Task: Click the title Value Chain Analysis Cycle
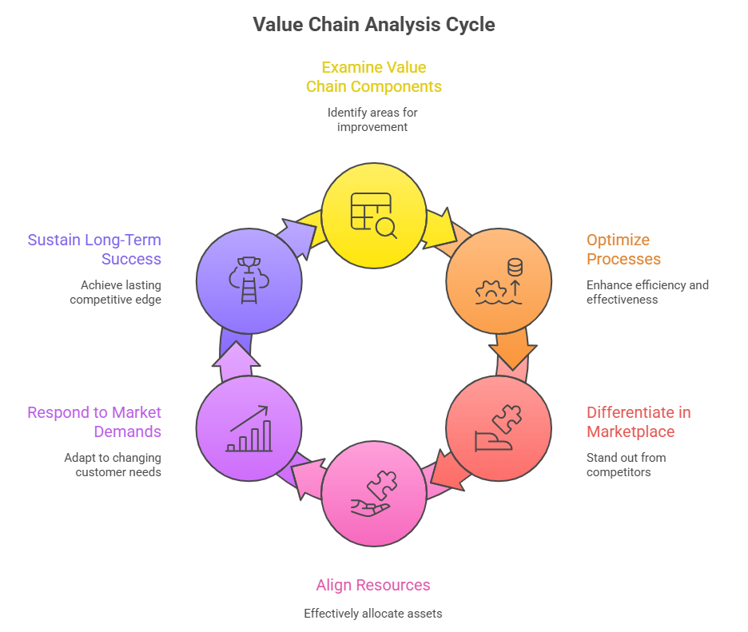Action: pos(374,25)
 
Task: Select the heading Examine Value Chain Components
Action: pos(374,77)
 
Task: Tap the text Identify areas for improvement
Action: pos(372,120)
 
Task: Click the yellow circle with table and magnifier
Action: pos(373,216)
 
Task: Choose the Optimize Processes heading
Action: pos(623,249)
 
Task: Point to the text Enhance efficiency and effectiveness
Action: pos(647,292)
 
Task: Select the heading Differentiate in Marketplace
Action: pos(638,422)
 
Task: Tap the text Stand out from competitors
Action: pos(626,464)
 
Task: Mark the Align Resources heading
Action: pos(373,585)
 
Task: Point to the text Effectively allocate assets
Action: pos(373,614)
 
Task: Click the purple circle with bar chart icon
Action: pos(249,428)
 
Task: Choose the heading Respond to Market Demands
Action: pos(94,422)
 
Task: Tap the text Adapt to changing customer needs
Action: pos(113,464)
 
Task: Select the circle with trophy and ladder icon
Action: pos(249,280)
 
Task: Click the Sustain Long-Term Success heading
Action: pos(94,249)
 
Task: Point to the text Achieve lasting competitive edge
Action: pos(115,292)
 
